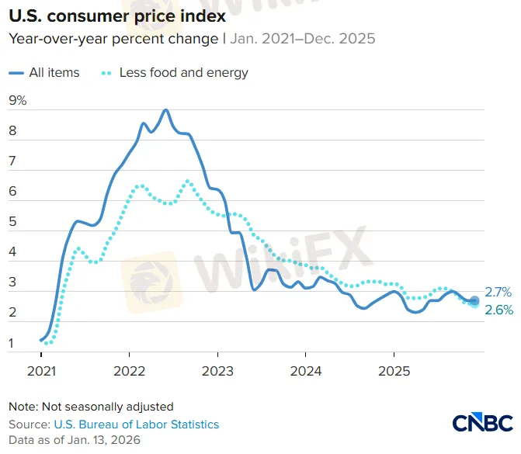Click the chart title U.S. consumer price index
(116, 15)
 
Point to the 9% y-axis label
(17, 100)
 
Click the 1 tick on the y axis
(12, 343)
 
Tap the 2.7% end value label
(498, 293)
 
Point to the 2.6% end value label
(498, 310)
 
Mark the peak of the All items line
(165, 110)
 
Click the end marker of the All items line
(474, 300)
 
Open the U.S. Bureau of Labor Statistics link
(136, 425)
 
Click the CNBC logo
(482, 423)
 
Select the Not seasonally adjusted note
(91, 406)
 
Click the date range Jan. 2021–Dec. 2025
(301, 38)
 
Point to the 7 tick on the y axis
(12, 161)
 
